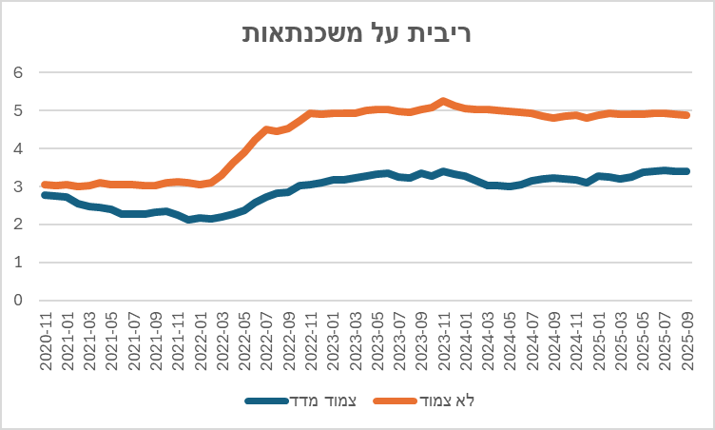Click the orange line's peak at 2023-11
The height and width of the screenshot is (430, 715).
(444, 100)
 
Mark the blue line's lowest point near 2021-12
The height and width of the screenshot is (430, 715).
(190, 220)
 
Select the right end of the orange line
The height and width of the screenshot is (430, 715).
(686, 115)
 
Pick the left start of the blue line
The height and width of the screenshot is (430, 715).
(45, 194)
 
